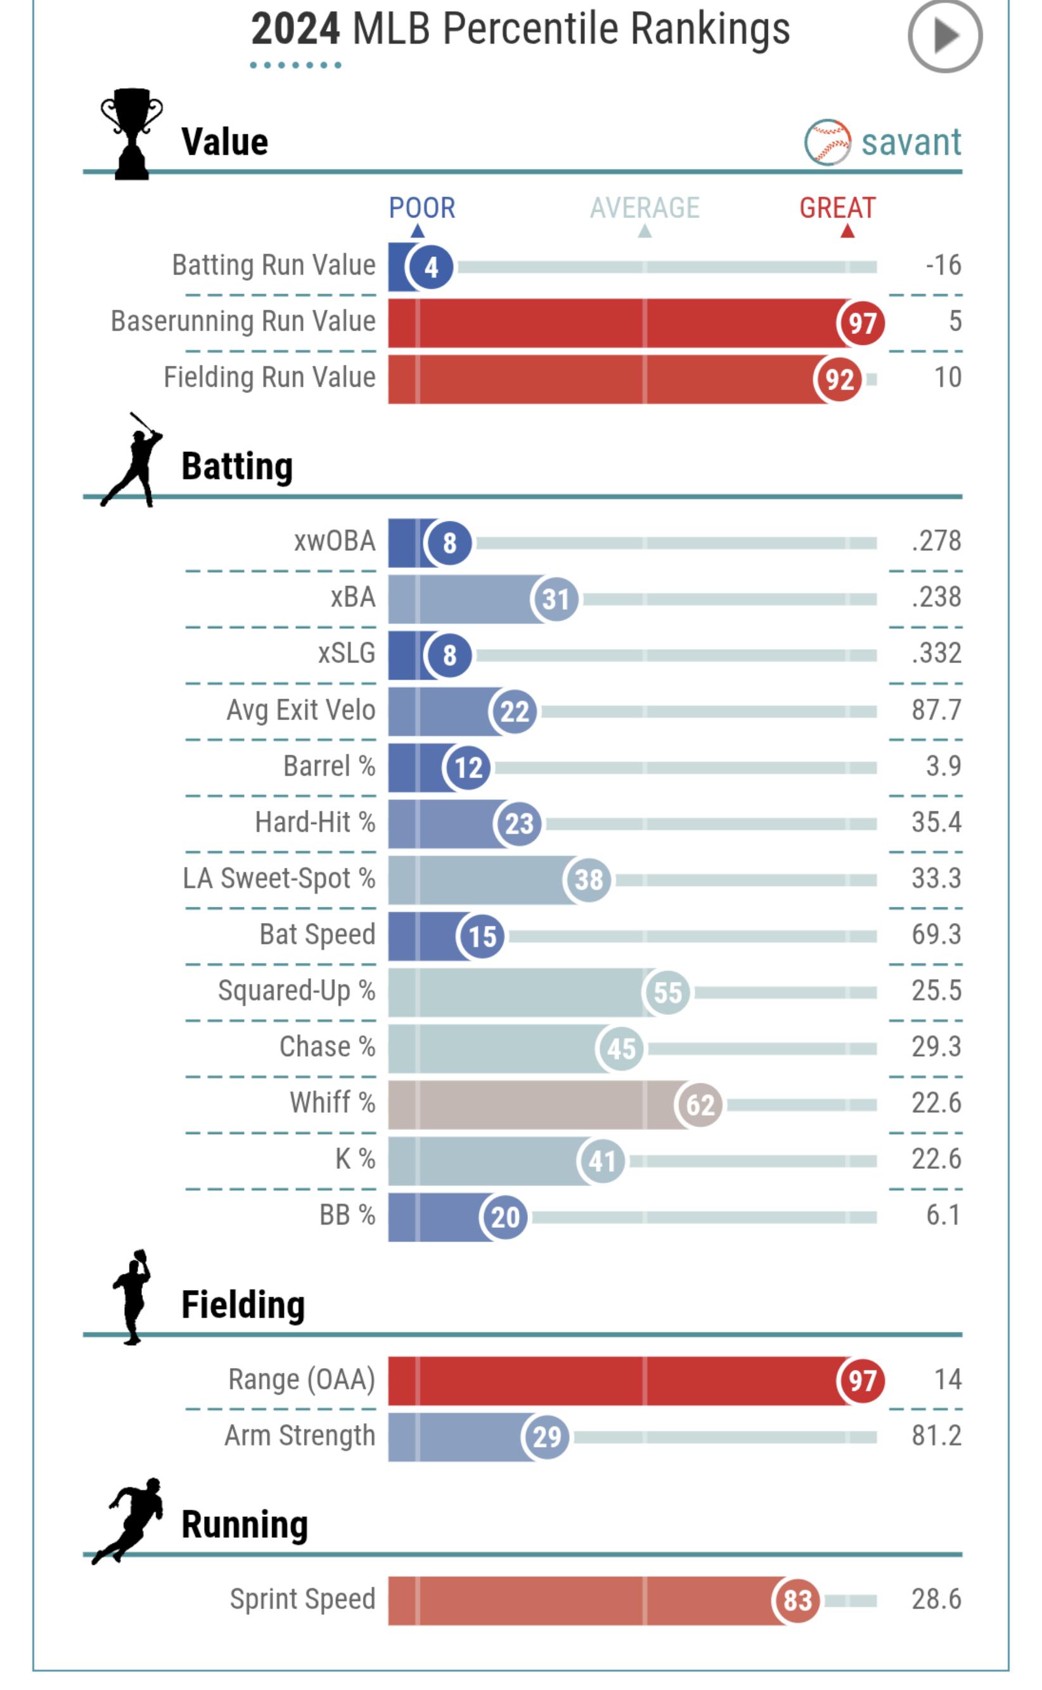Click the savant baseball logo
click(x=827, y=142)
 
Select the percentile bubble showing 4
click(x=431, y=267)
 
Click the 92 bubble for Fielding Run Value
click(x=839, y=379)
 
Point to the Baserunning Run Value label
click(x=243, y=322)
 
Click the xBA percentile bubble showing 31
click(x=555, y=599)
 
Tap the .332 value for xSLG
click(x=936, y=654)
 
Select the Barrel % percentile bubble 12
click(x=468, y=767)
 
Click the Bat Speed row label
click(x=317, y=934)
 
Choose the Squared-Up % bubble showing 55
click(x=666, y=993)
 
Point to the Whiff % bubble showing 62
click(x=699, y=1105)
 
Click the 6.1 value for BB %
click(x=942, y=1215)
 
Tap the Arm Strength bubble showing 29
click(x=546, y=1436)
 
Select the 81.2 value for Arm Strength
click(x=936, y=1436)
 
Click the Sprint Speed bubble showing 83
click(x=797, y=1601)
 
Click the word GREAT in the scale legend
click(x=837, y=208)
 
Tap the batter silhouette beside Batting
click(x=132, y=460)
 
